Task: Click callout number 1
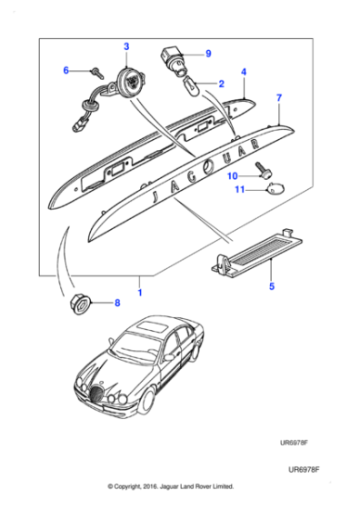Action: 139,291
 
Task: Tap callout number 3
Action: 126,46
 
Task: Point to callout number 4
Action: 244,70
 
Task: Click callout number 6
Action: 65,70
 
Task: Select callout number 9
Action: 207,54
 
